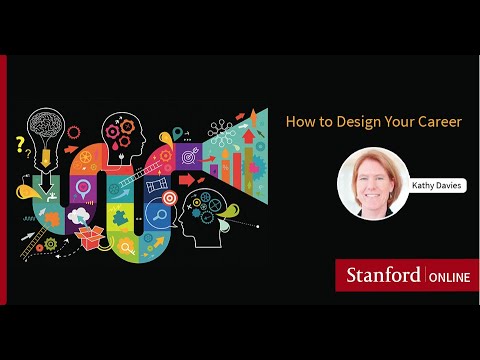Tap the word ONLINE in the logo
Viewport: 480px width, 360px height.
pos(450,275)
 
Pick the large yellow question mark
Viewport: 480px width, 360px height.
pos(19,144)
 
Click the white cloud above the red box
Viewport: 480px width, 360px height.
pos(79,215)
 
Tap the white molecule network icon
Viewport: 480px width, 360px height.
pos(223,130)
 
